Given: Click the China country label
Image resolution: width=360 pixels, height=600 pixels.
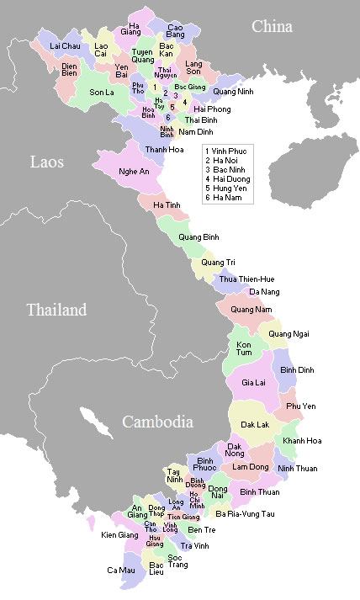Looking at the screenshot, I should point(272,27).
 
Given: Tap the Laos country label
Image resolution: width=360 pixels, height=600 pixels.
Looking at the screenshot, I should point(46,162).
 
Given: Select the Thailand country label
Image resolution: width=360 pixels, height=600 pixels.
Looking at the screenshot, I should point(56,310).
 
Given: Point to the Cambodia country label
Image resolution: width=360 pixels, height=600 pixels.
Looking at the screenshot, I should point(157,422).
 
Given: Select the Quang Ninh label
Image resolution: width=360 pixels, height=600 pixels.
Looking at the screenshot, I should point(234,91).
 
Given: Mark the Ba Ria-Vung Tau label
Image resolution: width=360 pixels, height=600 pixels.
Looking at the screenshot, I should point(245,513).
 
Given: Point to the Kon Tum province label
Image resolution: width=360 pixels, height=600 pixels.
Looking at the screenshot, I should point(244,349).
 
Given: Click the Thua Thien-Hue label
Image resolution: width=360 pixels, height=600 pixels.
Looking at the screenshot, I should point(246,279).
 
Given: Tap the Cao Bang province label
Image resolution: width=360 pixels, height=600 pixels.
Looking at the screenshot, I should point(175,32).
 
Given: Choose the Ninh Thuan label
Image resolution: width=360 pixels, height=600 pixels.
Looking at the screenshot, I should point(297,468).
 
